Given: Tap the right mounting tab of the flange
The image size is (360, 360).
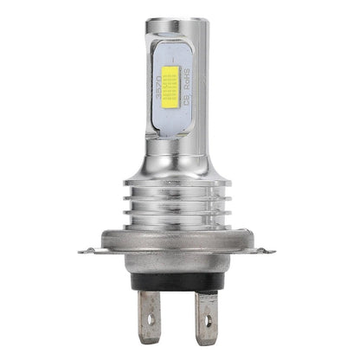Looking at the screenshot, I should point(275,252).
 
